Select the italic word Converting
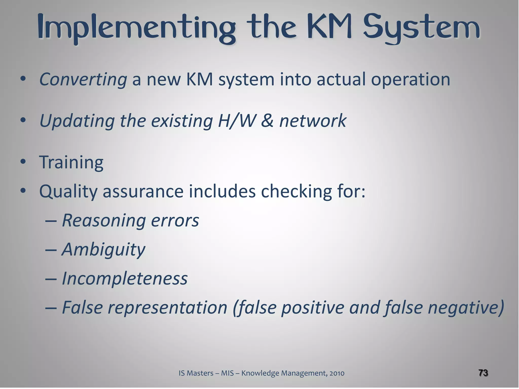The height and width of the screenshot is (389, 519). tap(83, 79)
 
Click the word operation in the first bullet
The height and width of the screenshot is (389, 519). tap(411, 79)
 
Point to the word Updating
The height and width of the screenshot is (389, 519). tap(77, 121)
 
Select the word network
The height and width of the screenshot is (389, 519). tap(313, 121)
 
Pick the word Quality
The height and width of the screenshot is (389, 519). tap(68, 192)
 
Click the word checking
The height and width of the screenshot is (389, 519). tap(296, 191)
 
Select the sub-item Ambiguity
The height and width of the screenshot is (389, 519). tap(103, 250)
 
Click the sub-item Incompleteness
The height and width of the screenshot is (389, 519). tap(125, 278)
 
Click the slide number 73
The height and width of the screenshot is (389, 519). tap(483, 373)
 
